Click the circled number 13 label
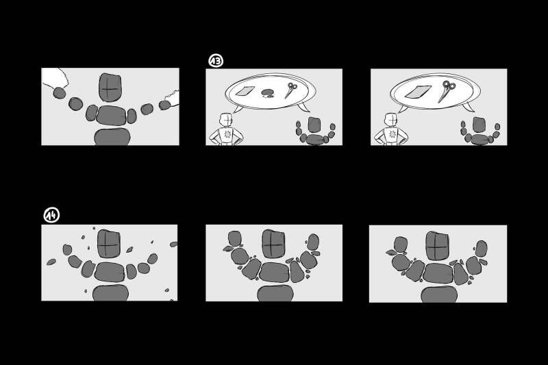216,61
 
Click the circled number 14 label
51,215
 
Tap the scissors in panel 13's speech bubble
290,90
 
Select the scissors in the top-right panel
447,90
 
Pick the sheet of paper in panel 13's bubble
245,91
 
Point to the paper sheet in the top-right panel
418,92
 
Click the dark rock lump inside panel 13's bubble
268,92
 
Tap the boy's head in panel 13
226,120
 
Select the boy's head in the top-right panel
390,120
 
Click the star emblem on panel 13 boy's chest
228,134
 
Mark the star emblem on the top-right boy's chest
393,134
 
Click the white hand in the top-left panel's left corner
55,77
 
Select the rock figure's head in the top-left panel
110,87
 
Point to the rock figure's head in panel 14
109,244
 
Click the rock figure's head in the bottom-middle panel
273,244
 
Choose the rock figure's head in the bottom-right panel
437,246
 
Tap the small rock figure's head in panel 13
314,125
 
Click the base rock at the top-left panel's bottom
112,136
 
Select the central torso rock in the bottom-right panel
438,273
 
